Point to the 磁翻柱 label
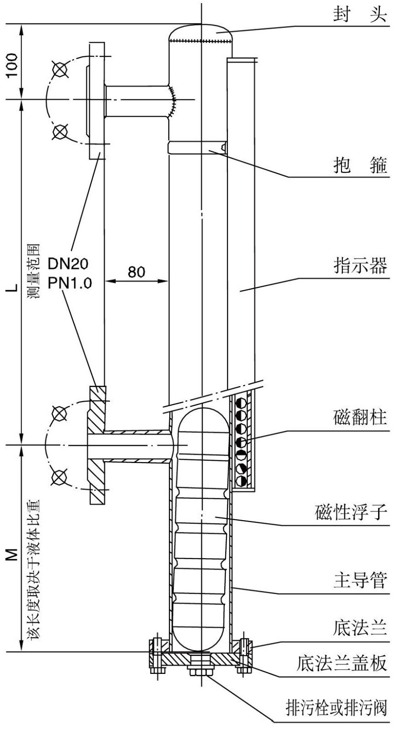(x=360, y=417)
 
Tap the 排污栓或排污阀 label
(x=336, y=707)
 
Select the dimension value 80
(x=136, y=272)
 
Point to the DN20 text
(x=69, y=264)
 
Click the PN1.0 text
(x=70, y=282)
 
